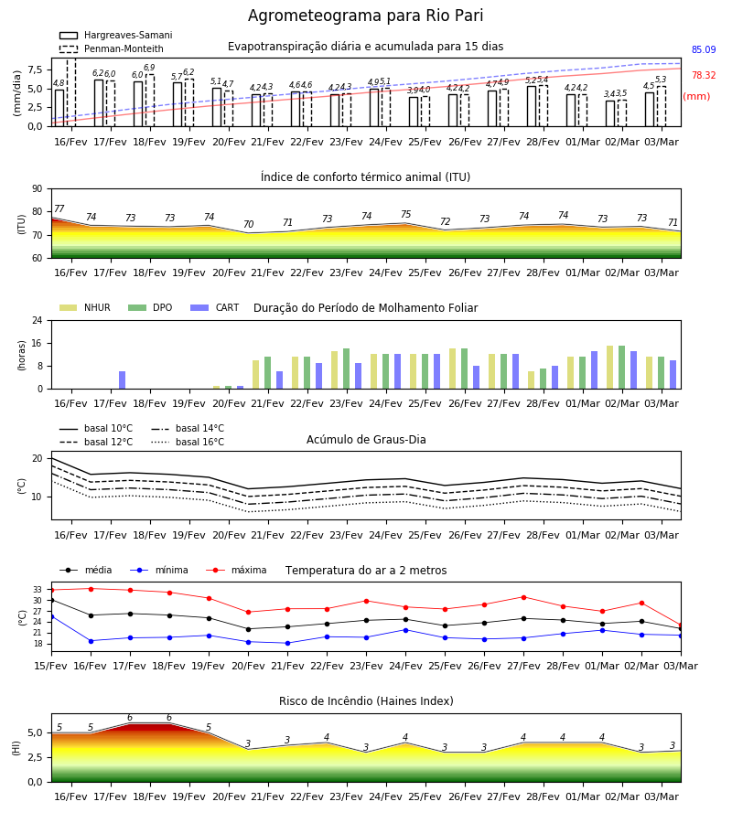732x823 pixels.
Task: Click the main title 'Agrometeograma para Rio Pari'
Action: (365, 16)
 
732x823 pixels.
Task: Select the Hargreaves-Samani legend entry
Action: (115, 35)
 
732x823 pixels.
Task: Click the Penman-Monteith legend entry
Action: (112, 48)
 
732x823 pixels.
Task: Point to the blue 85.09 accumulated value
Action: (703, 50)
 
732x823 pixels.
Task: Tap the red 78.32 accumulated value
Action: (703, 76)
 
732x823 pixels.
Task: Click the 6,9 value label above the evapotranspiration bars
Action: (149, 68)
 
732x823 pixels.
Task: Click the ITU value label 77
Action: (59, 208)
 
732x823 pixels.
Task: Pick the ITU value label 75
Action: (405, 214)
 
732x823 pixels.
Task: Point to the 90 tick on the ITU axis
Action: (38, 189)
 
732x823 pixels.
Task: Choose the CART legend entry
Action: (215, 307)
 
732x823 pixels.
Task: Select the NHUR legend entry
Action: (85, 307)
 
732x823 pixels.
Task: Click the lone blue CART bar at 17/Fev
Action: (122, 380)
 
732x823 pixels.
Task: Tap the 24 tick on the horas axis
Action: (38, 320)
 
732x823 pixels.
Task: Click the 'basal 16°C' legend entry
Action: (188, 442)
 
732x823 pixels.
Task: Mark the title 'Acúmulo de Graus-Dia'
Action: (366, 440)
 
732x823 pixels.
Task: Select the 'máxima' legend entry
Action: (236, 570)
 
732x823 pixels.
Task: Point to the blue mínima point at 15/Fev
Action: (51, 616)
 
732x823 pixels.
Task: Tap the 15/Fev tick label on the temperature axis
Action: (51, 666)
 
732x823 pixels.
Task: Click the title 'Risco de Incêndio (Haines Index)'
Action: (366, 701)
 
